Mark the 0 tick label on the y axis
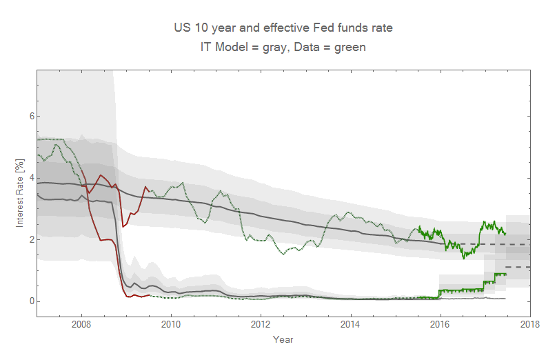coord(30,301)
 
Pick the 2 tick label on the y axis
coord(30,239)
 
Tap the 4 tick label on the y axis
coord(30,178)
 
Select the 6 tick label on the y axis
coord(30,116)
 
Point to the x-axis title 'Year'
coord(283,339)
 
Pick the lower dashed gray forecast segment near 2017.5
coord(518,267)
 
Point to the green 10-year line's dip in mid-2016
coord(464,258)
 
